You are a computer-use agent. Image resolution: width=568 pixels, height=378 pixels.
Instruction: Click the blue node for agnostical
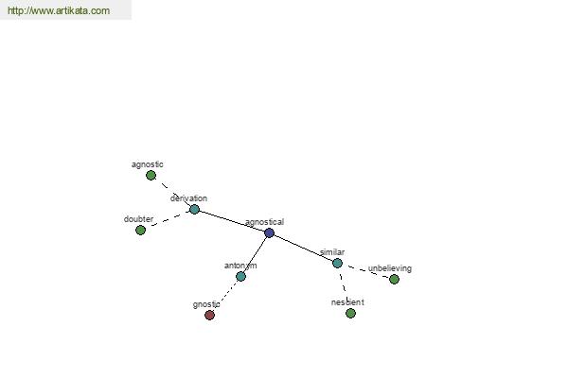pos(269,233)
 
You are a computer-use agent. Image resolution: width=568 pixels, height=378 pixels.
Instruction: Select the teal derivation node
pos(194,209)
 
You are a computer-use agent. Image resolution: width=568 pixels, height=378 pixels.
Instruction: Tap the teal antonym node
pos(240,276)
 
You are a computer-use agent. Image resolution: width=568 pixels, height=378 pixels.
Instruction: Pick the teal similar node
pos(337,263)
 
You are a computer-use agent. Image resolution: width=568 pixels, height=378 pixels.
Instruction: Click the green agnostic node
pos(151,176)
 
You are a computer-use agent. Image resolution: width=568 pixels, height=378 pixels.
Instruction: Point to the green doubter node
pos(140,230)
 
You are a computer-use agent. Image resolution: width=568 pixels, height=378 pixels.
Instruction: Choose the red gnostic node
pos(210,315)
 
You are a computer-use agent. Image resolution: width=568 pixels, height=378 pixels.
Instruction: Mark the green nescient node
pos(350,313)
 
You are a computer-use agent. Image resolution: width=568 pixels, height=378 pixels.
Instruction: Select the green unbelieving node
pos(394,280)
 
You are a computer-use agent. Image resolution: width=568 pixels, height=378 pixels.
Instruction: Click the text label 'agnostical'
pos(264,222)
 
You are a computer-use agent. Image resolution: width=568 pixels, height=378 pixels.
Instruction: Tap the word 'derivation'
pos(188,198)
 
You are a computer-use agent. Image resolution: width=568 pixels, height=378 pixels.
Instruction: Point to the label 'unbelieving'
pos(390,268)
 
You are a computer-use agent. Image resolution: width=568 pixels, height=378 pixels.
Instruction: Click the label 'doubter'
pos(138,219)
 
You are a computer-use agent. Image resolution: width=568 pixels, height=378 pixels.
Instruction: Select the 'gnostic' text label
pos(206,304)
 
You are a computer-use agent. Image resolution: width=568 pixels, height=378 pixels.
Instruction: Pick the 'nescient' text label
pos(347,302)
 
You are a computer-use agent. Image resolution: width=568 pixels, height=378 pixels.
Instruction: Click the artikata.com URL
pos(59,10)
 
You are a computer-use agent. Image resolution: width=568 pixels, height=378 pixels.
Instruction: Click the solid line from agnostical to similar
pos(303,248)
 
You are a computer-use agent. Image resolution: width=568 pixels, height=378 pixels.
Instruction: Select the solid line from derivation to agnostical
pos(232,221)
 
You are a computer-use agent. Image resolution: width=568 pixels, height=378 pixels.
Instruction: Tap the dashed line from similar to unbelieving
pos(365,271)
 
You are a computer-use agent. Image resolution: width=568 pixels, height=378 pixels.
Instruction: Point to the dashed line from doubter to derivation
pos(168,219)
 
